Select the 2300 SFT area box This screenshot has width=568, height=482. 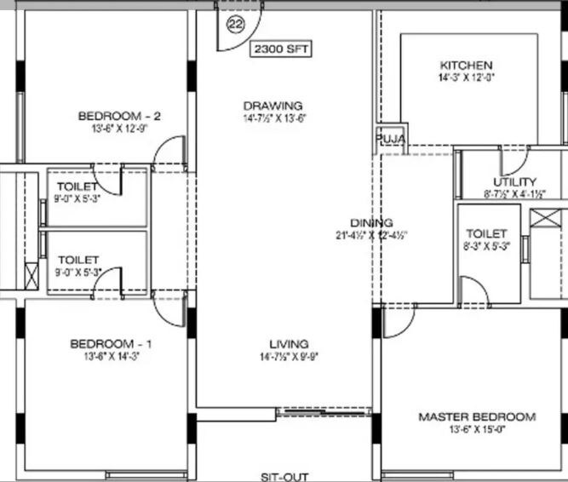[x=280, y=49]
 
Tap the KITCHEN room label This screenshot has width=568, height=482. [x=466, y=66]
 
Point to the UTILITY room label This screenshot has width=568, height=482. [x=514, y=181]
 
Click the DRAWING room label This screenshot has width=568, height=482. [x=272, y=106]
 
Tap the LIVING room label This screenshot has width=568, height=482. [x=289, y=344]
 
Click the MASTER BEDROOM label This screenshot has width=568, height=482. [x=477, y=417]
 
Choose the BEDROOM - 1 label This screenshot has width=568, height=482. [x=111, y=344]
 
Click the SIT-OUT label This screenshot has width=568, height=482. [x=284, y=477]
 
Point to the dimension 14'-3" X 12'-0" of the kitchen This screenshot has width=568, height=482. [x=465, y=77]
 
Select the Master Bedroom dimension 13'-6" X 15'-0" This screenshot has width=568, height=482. [x=477, y=430]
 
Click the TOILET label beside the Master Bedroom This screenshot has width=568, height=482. [x=486, y=233]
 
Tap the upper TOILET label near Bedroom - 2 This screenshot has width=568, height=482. [x=77, y=186]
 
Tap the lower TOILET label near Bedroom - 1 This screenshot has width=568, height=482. [x=77, y=260]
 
